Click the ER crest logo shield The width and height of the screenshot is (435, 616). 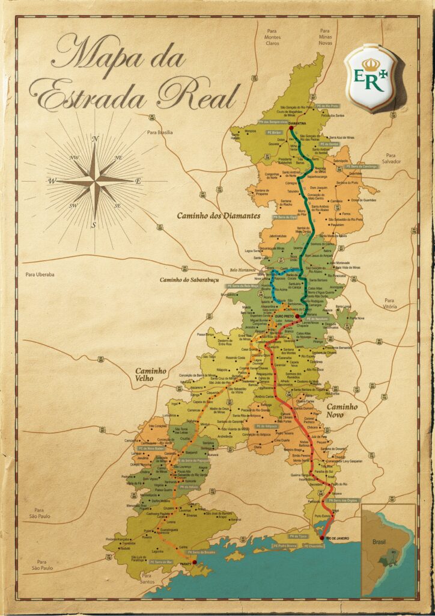tap(373, 78)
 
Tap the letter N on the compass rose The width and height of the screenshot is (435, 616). tap(95, 138)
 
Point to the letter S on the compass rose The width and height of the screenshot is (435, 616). tap(94, 225)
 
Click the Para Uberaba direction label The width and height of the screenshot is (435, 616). tap(40, 274)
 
